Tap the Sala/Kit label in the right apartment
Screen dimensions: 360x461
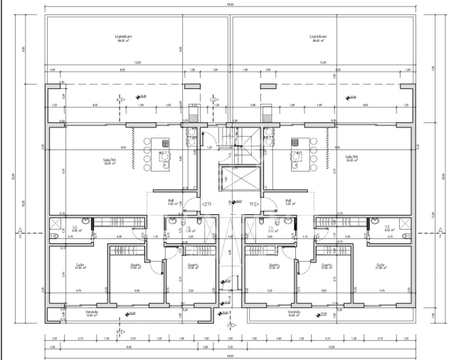[x=351, y=158]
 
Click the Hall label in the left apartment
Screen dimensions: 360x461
[x=171, y=201]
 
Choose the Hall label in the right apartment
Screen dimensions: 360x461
[x=290, y=201]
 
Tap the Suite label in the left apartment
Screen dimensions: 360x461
[x=80, y=265]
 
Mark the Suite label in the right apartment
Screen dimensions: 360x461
[x=381, y=265]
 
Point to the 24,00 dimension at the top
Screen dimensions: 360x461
[x=231, y=4]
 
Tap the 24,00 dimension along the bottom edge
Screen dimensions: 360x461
[x=231, y=355]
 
